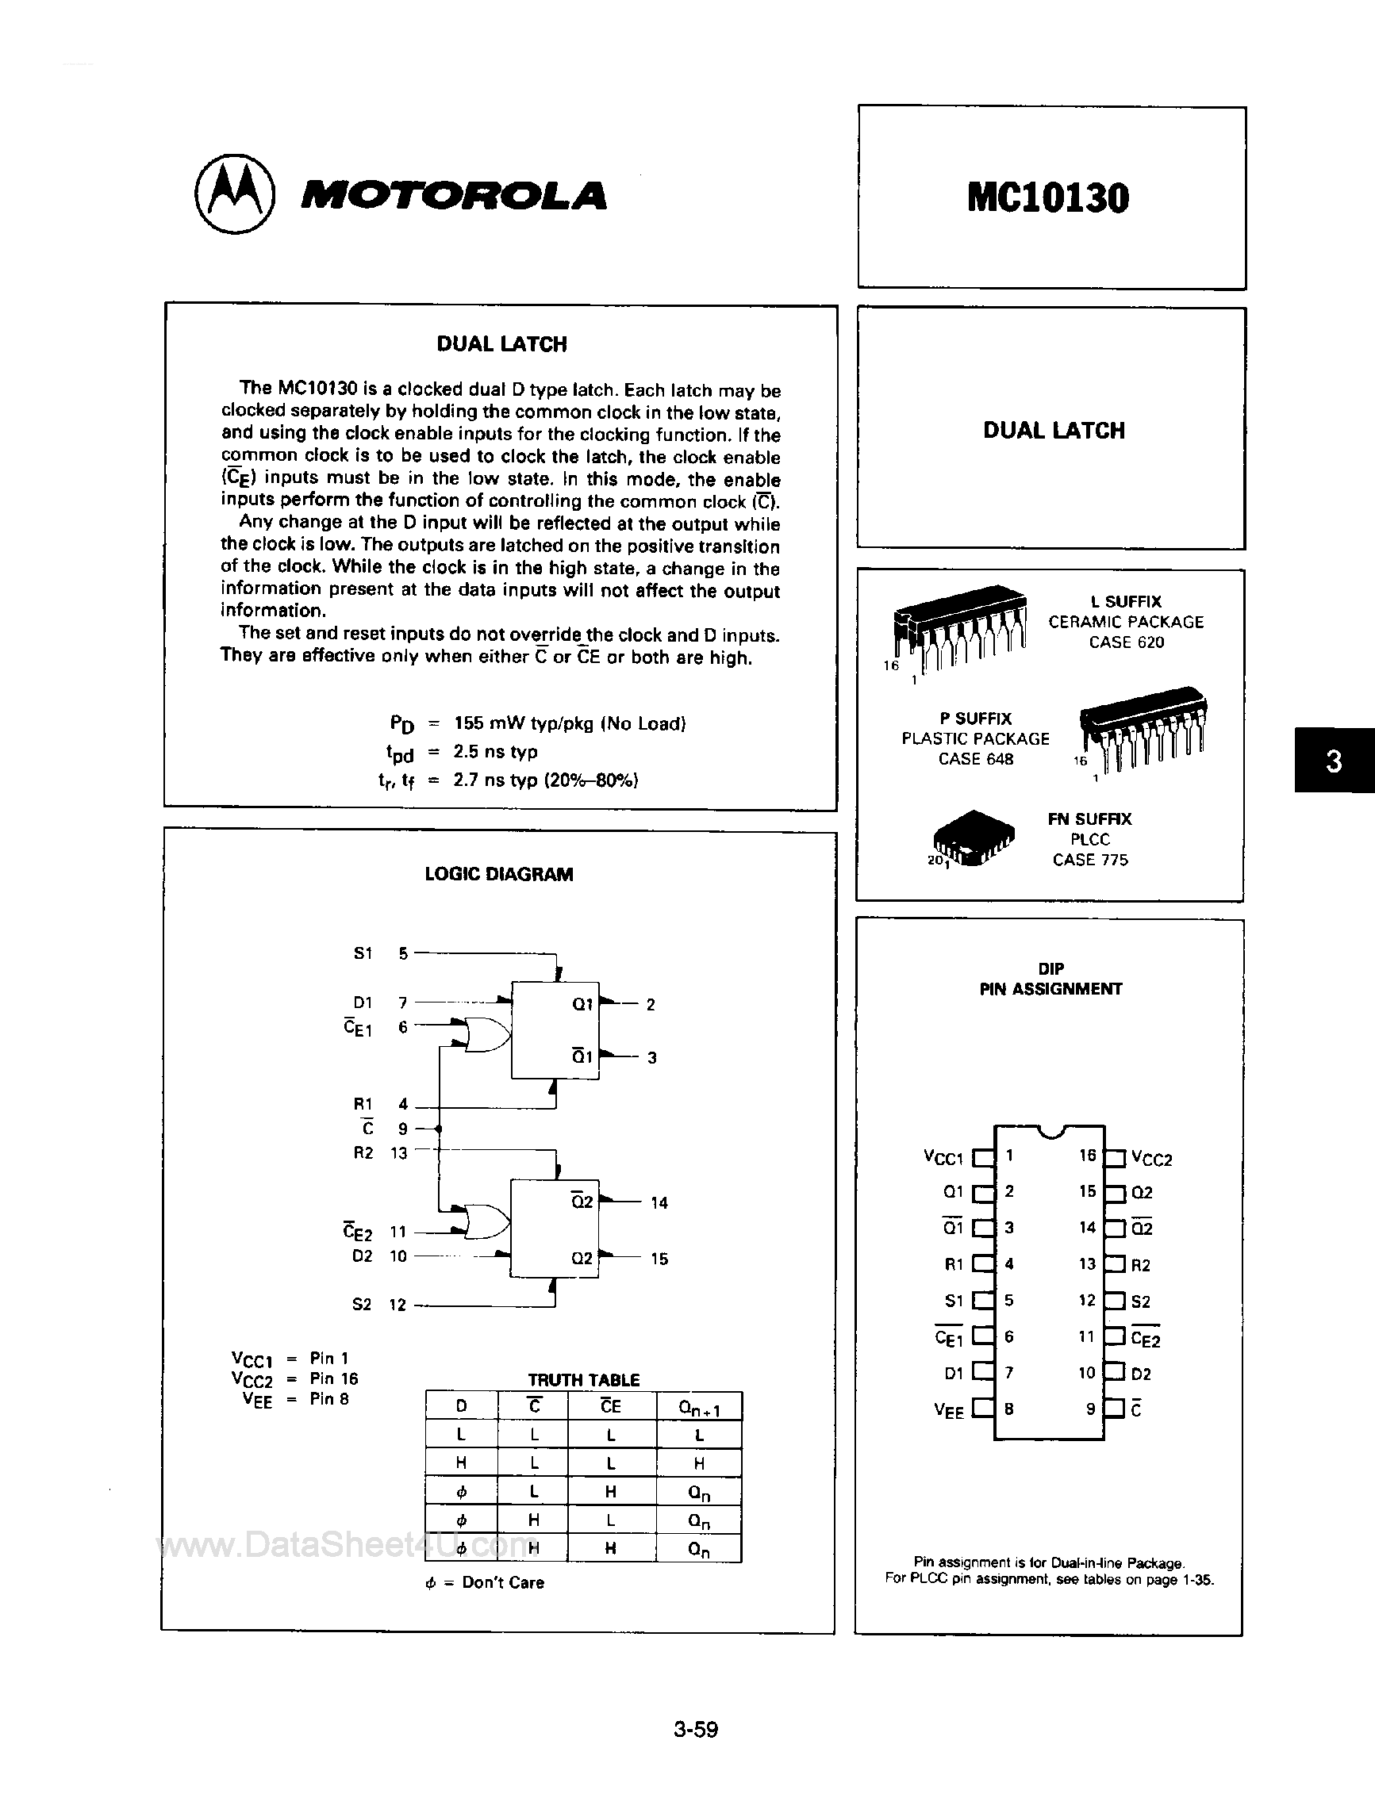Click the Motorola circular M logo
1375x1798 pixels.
(x=234, y=194)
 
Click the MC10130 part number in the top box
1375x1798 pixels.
(x=1047, y=198)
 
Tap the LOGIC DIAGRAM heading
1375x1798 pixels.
(x=498, y=874)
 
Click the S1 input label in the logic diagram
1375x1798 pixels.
(x=363, y=953)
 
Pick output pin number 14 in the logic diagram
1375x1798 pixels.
(x=659, y=1202)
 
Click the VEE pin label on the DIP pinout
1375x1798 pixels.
(x=949, y=1410)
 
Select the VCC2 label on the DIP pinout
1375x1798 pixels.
(x=1151, y=1159)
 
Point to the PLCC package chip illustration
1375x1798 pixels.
(x=974, y=838)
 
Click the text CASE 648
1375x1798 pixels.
(x=976, y=759)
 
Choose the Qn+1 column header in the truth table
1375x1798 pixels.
(x=698, y=1408)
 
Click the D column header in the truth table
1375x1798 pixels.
(x=461, y=1406)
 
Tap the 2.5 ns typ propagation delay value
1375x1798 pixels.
(x=495, y=751)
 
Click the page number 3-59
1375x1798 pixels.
(x=696, y=1728)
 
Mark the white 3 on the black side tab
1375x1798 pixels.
(x=1333, y=761)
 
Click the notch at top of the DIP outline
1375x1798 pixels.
(x=1049, y=1131)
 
